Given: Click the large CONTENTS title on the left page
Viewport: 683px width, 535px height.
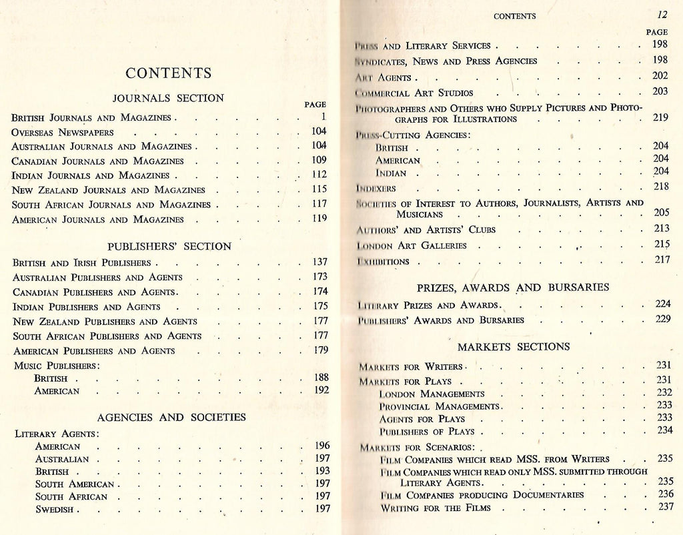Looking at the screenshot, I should (x=169, y=73).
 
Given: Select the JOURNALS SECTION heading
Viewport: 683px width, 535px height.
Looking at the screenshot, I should (x=169, y=98).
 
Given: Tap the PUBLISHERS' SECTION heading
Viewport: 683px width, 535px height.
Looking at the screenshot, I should (x=169, y=246).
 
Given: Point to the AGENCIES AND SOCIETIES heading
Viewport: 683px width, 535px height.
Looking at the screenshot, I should (x=171, y=418).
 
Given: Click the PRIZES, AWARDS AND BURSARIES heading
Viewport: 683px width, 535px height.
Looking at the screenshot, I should (x=513, y=288).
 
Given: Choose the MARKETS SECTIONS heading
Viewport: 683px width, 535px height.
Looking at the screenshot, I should (x=514, y=347).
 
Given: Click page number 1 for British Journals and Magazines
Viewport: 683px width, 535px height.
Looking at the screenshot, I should (x=321, y=117).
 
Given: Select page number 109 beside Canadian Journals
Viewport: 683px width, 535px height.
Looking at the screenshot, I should (x=319, y=160).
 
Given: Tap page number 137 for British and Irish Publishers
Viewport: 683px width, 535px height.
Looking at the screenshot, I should (x=320, y=262).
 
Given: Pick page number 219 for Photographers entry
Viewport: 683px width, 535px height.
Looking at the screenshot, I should (x=660, y=117).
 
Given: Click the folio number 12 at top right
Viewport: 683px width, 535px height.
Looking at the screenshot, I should (x=662, y=15).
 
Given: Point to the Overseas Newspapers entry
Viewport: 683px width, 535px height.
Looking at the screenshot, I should (x=63, y=132).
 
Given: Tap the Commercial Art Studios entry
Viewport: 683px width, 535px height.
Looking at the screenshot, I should (x=415, y=93).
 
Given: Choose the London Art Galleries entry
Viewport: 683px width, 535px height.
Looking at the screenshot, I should (x=412, y=245).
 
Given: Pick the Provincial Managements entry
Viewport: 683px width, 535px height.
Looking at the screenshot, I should (x=439, y=406).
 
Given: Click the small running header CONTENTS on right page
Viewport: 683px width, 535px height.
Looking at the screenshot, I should (x=514, y=16).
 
